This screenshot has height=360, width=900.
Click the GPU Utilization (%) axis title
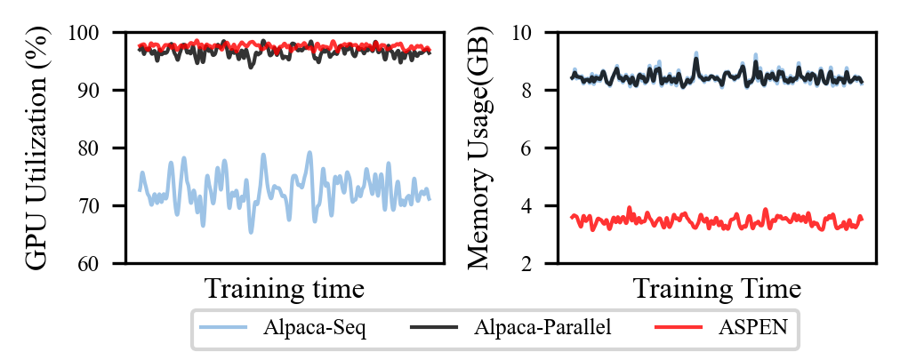click(x=37, y=148)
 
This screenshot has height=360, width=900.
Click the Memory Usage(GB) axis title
click(x=479, y=148)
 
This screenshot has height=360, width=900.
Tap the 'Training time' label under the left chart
click(x=285, y=289)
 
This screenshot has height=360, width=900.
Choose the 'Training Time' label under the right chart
click(x=717, y=289)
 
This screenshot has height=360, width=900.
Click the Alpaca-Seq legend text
click(x=315, y=329)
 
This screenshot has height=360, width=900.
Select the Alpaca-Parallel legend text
click(x=542, y=329)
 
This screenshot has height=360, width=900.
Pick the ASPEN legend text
click(x=752, y=329)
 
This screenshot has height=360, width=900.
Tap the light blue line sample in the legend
click(x=223, y=329)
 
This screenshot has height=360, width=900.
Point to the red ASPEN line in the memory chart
click(x=711, y=220)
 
